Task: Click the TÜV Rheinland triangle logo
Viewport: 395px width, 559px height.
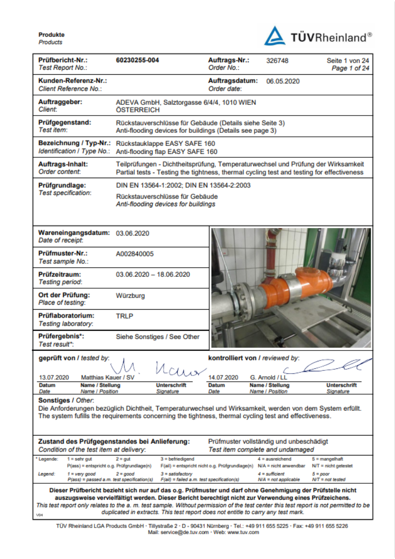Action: (275, 36)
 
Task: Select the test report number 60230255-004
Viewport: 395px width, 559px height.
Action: (137, 60)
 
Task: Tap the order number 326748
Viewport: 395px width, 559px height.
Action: (277, 60)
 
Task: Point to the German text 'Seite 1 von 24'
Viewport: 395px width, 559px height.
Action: (348, 61)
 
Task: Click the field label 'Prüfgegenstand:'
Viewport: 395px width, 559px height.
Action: (65, 122)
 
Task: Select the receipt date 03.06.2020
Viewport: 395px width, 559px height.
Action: (132, 233)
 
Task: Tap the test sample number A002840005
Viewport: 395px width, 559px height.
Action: (135, 253)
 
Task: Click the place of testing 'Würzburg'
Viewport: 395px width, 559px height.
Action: (130, 295)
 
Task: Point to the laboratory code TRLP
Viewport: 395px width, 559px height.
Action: (125, 316)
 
